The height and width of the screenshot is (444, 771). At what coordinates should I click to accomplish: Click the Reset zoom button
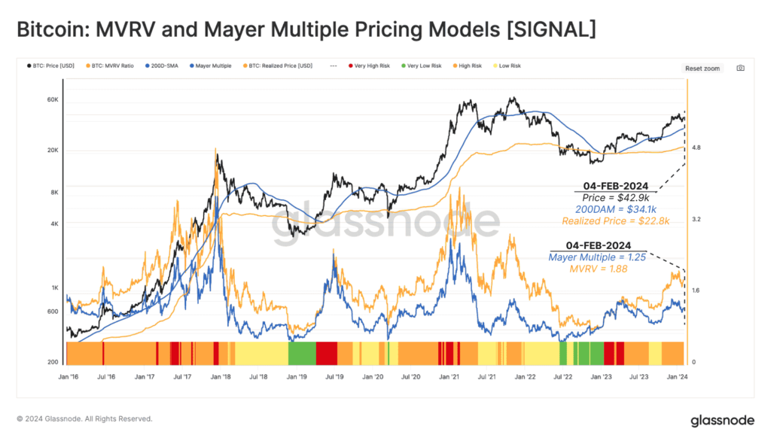point(702,68)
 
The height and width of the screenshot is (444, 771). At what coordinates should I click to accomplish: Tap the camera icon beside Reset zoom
point(740,68)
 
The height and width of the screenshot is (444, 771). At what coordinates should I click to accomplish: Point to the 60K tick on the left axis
point(53,100)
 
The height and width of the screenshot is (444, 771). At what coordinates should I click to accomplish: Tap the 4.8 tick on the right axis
point(696,148)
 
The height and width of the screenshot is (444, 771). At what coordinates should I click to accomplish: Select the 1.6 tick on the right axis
point(696,290)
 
